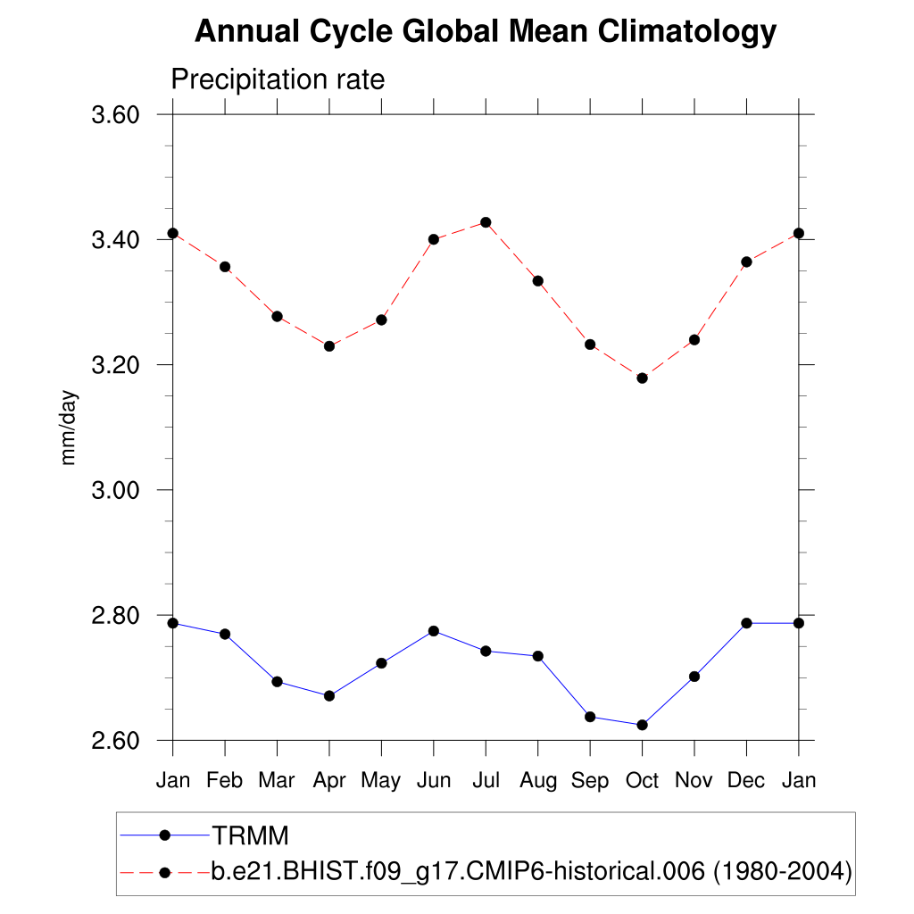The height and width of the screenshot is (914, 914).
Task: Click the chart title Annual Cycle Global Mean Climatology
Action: pyautogui.click(x=486, y=32)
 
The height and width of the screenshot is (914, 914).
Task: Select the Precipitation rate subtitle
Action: pyautogui.click(x=278, y=79)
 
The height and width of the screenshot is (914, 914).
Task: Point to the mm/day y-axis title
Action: pyautogui.click(x=69, y=428)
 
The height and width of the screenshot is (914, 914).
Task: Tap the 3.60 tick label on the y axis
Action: pyautogui.click(x=117, y=115)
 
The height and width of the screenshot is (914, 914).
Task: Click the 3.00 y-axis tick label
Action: pyautogui.click(x=117, y=490)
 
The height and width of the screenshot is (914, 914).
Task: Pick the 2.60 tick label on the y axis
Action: pyautogui.click(x=117, y=741)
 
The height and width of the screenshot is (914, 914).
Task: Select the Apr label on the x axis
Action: pyautogui.click(x=329, y=780)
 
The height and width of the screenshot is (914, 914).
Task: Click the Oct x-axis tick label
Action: pyautogui.click(x=642, y=780)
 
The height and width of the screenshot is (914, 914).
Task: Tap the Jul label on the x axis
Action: pyautogui.click(x=486, y=780)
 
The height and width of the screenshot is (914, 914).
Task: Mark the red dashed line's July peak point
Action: pyautogui.click(x=486, y=222)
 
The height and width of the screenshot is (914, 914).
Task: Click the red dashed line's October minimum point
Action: pyautogui.click(x=642, y=378)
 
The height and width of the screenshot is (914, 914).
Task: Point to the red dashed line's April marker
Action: pyautogui.click(x=329, y=345)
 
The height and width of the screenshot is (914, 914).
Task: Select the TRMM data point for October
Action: pyautogui.click(x=642, y=725)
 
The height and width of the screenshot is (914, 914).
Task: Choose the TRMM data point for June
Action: pyautogui.click(x=434, y=631)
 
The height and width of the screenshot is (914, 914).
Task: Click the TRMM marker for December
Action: pyautogui.click(x=746, y=623)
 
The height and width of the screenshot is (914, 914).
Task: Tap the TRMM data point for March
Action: pyautogui.click(x=277, y=682)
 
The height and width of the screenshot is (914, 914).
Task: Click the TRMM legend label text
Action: pyautogui.click(x=250, y=835)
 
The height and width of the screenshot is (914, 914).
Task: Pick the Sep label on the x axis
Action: pyautogui.click(x=590, y=780)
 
